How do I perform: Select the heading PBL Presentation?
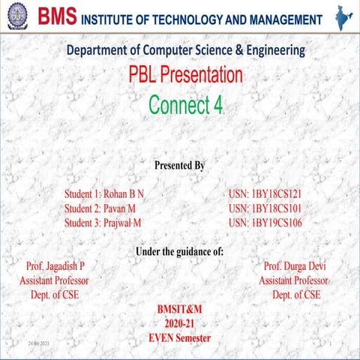185,76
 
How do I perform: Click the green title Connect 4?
185,106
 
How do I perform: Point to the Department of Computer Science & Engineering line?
185,50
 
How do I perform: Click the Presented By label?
179,164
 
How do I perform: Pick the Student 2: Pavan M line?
100,208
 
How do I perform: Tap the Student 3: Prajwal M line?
103,223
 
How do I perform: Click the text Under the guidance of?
179,251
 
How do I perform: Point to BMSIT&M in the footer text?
180,310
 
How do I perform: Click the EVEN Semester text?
180,338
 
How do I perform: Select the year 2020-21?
180,324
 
